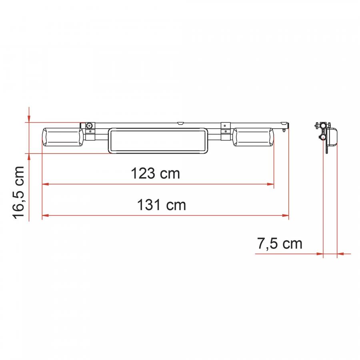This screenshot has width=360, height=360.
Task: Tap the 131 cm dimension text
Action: (162, 205)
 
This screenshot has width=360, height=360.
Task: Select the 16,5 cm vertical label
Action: (18, 193)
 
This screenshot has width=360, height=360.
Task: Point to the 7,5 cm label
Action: (280, 244)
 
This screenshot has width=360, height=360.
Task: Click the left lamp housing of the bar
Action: (63, 138)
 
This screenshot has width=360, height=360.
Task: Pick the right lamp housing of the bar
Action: (253, 137)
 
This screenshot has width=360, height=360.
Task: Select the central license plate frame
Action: (158, 140)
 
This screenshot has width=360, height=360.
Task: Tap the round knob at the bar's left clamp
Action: (89, 126)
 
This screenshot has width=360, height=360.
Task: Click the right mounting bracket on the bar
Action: (226, 131)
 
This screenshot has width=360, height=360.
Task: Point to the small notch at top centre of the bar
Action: (180, 123)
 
